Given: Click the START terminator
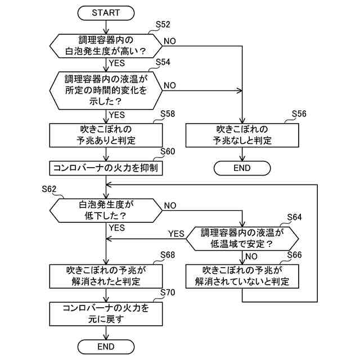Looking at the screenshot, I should tap(106, 12).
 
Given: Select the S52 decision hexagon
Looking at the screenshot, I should tap(106, 46).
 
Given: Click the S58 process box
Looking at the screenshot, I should tap(106, 135).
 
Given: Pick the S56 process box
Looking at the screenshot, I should tap(243, 135).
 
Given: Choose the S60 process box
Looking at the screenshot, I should tap(106, 168).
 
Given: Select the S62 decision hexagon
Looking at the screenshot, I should tap(106, 210).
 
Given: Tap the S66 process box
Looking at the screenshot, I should tap(243, 276).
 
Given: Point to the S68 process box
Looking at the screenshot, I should tap(106, 276).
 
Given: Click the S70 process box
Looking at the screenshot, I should tap(106, 313).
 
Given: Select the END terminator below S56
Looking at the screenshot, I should tap(243, 168).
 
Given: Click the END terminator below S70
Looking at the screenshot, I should tap(106, 345).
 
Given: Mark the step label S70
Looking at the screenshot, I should tap(168, 293).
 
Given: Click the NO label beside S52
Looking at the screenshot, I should tap(169, 41).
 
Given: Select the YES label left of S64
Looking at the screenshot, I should tap(177, 233).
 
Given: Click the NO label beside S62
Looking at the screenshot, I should tap(169, 205).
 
